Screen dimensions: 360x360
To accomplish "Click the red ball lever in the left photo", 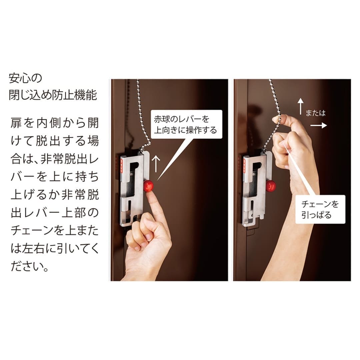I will (148, 186).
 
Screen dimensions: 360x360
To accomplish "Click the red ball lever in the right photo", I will (270, 186).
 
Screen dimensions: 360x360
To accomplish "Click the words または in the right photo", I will (315, 113).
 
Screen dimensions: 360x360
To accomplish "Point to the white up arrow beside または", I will (301, 106).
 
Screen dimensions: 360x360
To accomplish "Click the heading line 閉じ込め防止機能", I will (53, 95).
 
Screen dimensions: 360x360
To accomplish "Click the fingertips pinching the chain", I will (278, 119).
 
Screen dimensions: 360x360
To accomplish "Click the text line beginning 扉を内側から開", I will (55, 123).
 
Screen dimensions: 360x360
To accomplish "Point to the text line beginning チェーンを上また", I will (55, 230).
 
